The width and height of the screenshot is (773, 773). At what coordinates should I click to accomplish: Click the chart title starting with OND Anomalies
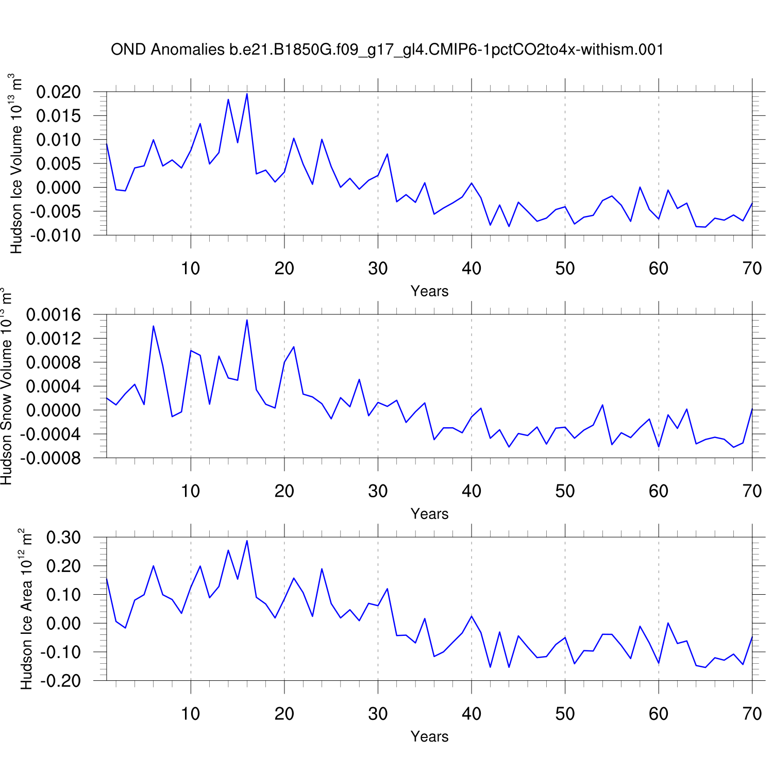(x=387, y=49)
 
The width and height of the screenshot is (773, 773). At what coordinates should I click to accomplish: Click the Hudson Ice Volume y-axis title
(x=16, y=163)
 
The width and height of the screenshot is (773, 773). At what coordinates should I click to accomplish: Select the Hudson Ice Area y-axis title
(x=26, y=609)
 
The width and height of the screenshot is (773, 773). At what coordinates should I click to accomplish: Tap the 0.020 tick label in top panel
(x=59, y=92)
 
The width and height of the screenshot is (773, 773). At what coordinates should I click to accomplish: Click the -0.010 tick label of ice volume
(x=56, y=236)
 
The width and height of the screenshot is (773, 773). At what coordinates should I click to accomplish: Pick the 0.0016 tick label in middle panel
(x=54, y=315)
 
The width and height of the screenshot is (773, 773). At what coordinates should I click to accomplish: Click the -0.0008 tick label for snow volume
(x=51, y=458)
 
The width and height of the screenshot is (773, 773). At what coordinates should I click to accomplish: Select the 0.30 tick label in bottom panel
(x=64, y=537)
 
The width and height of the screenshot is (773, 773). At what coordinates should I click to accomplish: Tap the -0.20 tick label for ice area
(x=61, y=681)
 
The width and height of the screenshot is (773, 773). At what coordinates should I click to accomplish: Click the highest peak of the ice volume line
(x=247, y=94)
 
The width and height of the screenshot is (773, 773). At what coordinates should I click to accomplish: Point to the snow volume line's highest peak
(x=247, y=320)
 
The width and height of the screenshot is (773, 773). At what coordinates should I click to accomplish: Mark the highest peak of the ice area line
(x=247, y=541)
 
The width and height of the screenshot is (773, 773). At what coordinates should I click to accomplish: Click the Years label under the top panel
(x=429, y=291)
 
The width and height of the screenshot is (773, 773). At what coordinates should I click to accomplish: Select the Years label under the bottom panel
(x=429, y=736)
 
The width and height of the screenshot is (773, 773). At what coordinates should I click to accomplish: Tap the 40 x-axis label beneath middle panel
(x=471, y=491)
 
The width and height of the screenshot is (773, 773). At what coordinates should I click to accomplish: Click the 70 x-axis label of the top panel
(x=752, y=268)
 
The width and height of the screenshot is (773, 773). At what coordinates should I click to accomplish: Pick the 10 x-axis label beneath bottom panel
(x=191, y=714)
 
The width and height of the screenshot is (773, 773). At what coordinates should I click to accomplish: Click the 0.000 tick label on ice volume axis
(x=59, y=188)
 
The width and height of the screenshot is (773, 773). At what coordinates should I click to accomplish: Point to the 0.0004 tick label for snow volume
(x=54, y=386)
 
